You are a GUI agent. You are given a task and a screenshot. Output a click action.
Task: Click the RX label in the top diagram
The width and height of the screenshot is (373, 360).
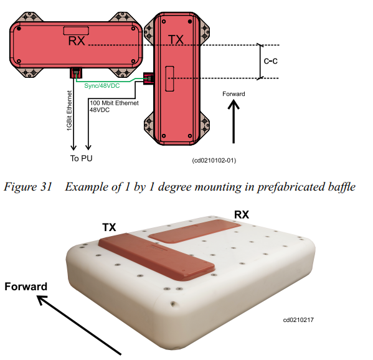(x=77, y=40)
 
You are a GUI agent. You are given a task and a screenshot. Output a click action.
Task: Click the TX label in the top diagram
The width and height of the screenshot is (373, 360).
(x=176, y=39)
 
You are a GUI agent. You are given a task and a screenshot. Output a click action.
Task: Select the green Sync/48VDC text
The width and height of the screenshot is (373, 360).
(x=102, y=86)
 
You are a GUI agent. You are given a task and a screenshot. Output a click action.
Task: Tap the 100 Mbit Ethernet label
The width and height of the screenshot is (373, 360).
(x=114, y=103)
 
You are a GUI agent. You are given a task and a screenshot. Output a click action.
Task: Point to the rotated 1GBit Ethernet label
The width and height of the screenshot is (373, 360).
(x=69, y=111)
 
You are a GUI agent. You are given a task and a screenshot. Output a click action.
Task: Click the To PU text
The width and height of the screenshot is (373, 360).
(x=81, y=158)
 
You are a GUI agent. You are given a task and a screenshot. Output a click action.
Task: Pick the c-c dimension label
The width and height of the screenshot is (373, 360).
(x=270, y=61)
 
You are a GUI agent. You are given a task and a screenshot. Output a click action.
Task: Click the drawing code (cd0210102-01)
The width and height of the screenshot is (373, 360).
(x=214, y=160)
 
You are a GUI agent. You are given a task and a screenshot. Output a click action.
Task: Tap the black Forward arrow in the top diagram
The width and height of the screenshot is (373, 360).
(x=234, y=121)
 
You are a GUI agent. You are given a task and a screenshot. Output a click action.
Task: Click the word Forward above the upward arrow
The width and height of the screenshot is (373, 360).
(x=234, y=94)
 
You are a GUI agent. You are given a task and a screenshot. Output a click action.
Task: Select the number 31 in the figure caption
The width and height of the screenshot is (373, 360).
(x=46, y=187)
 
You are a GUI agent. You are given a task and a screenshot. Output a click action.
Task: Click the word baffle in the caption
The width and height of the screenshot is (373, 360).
(x=342, y=187)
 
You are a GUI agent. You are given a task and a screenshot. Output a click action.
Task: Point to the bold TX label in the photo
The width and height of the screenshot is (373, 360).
(x=109, y=227)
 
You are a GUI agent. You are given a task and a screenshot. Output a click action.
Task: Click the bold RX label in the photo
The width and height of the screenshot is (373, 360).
(x=242, y=215)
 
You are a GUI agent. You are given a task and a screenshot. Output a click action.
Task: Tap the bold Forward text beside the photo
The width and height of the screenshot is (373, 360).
(x=26, y=287)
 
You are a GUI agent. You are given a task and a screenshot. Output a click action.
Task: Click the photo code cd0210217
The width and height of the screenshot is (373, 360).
(x=298, y=320)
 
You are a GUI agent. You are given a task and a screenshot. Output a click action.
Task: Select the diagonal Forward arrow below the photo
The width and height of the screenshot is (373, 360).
(x=79, y=325)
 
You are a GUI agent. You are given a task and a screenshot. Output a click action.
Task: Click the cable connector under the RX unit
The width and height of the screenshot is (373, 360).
(x=76, y=73)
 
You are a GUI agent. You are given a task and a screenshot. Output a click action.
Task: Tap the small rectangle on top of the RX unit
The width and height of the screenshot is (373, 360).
(x=76, y=31)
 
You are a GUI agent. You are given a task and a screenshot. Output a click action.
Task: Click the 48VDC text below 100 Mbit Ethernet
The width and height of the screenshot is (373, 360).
(x=100, y=110)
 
